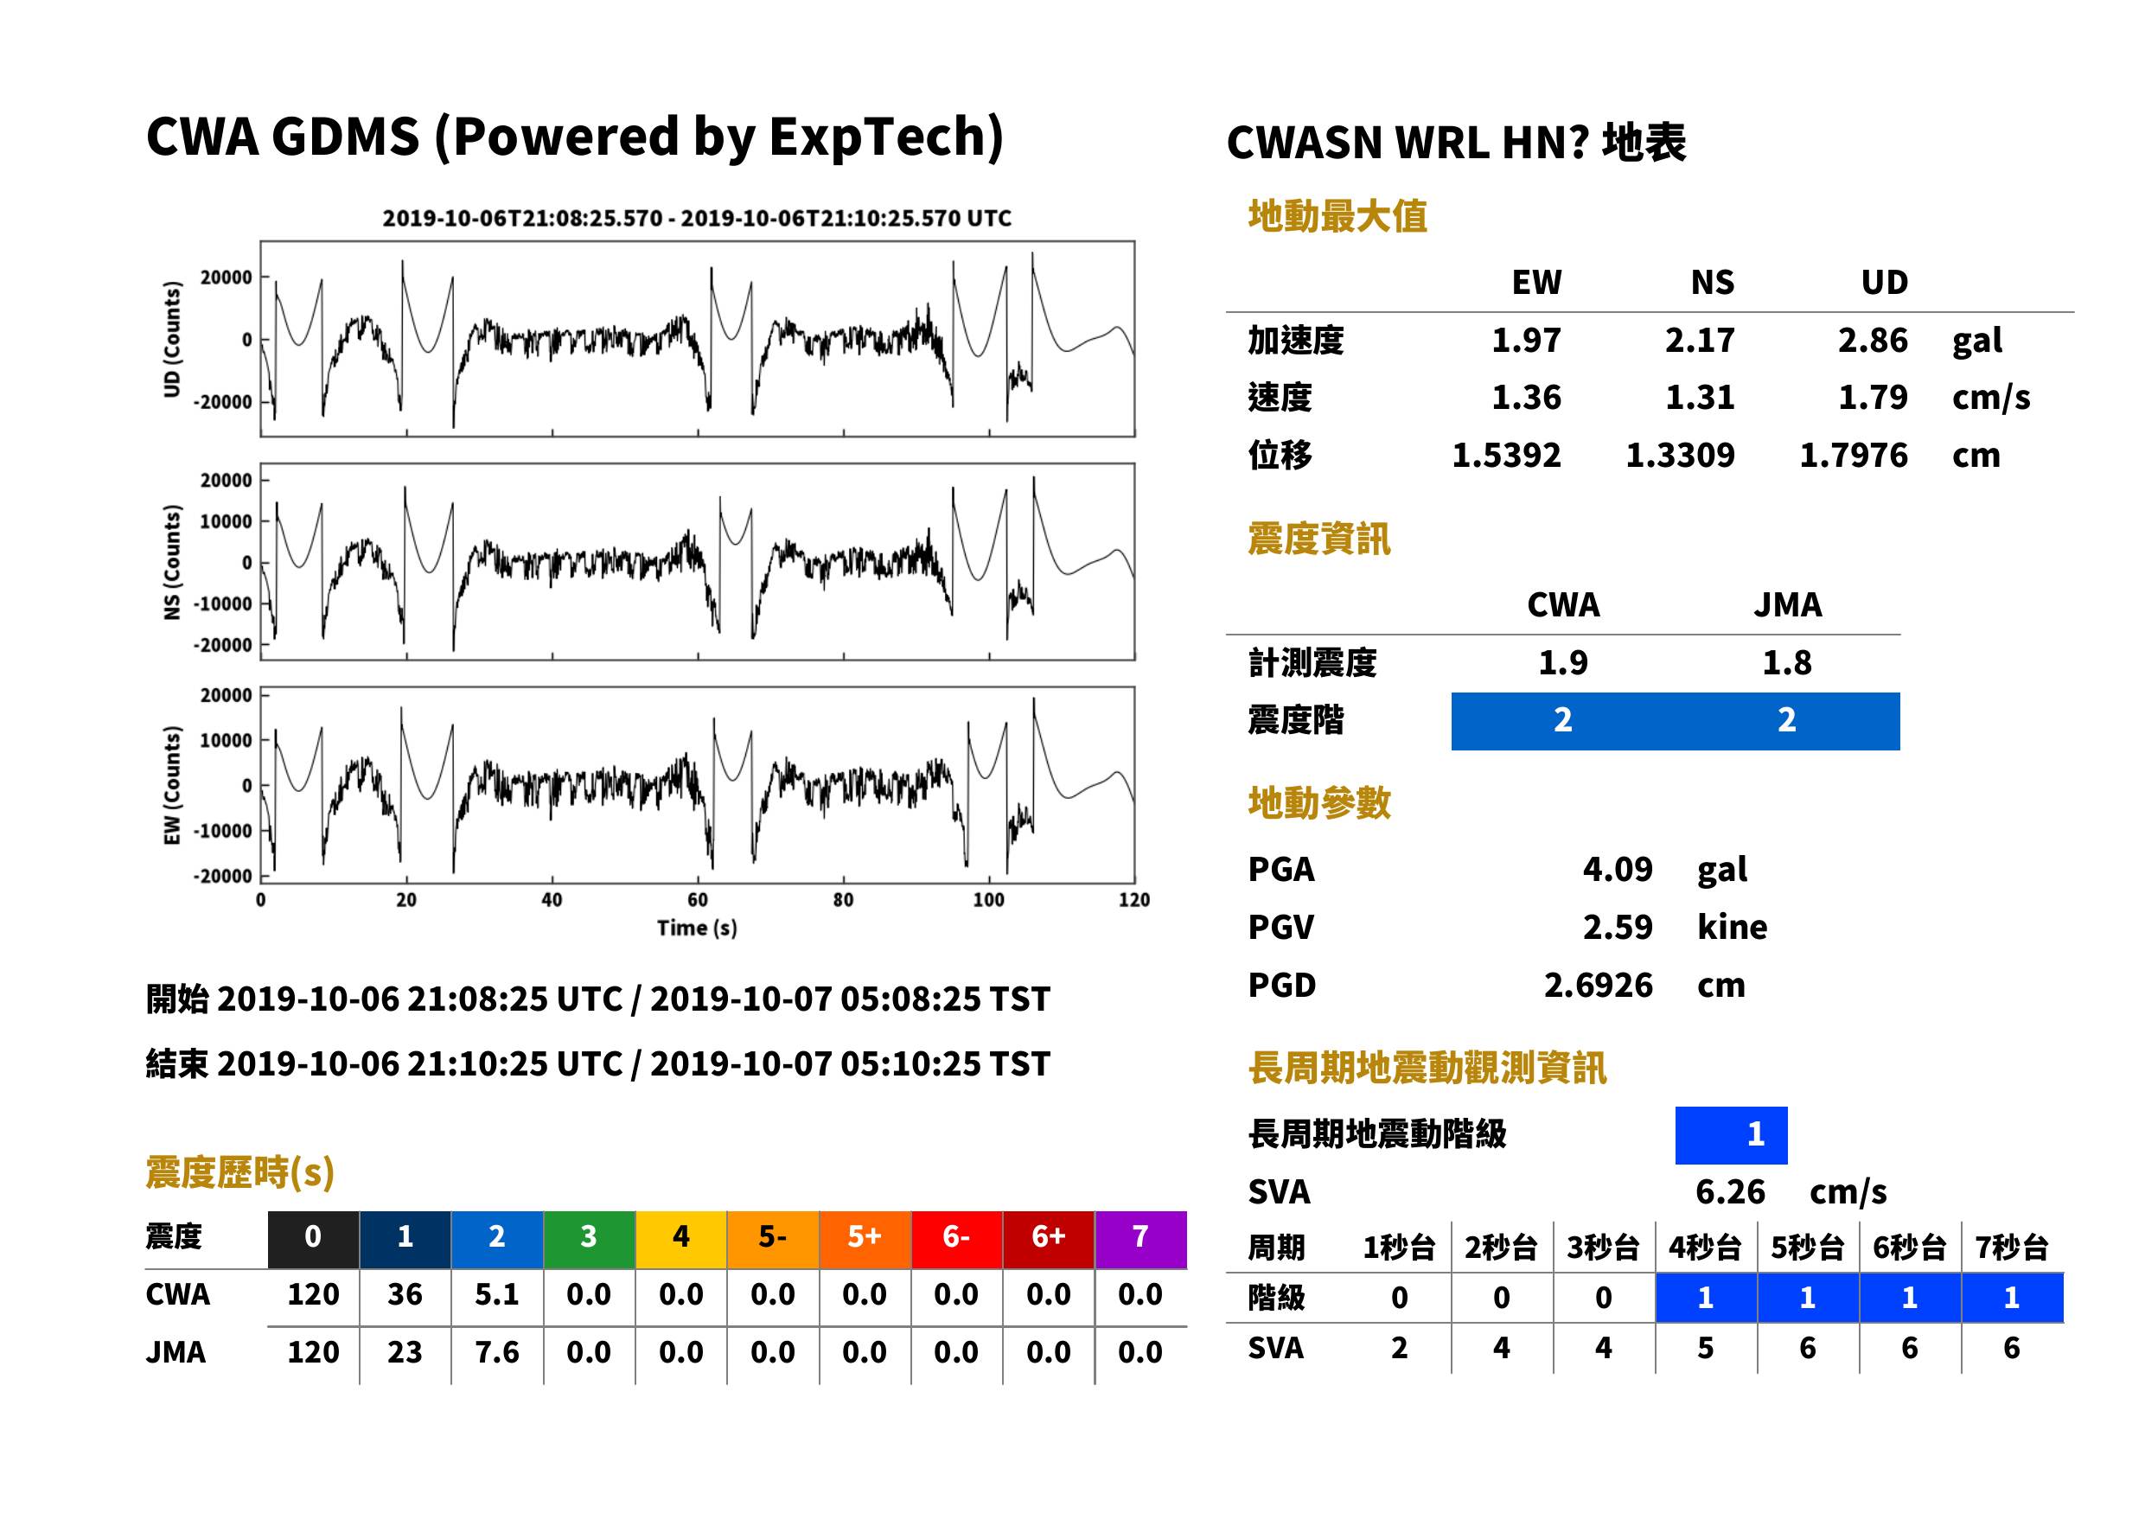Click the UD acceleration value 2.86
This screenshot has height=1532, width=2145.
tap(1873, 341)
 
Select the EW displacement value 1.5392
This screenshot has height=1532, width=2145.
tap(1506, 456)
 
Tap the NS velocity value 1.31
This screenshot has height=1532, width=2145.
tap(1700, 397)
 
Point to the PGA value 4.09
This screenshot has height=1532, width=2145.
tap(1618, 869)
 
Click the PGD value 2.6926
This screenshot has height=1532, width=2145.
tap(1599, 985)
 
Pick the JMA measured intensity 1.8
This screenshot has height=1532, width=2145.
tap(1786, 662)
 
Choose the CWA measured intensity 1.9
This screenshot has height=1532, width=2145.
tap(1563, 662)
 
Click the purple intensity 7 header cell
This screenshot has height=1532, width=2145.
tap(1140, 1239)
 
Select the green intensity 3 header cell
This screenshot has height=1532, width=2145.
tap(589, 1239)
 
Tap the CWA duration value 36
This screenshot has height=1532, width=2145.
tap(405, 1294)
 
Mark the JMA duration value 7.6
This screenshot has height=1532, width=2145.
tap(497, 1352)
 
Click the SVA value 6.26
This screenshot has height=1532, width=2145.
tap(1730, 1191)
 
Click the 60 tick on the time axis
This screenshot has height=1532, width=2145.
tap(697, 900)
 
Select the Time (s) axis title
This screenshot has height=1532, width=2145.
tap(697, 929)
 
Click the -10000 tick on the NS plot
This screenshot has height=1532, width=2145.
tap(224, 603)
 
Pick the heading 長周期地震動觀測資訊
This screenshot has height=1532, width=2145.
tap(1427, 1068)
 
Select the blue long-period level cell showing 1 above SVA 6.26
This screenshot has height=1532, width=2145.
tap(1731, 1135)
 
